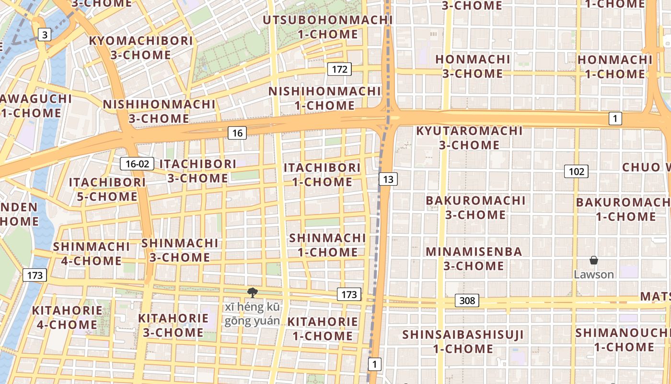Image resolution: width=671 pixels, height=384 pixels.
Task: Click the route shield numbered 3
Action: [45, 35]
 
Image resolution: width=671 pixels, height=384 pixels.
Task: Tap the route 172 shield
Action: [339, 69]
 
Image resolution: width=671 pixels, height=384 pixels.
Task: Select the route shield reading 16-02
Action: [137, 164]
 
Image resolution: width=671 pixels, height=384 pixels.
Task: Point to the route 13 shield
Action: [388, 180]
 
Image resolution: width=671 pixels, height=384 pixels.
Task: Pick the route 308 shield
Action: [467, 300]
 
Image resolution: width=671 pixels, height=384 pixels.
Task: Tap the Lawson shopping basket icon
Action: [594, 261]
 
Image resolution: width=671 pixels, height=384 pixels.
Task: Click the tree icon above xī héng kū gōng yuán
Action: [252, 293]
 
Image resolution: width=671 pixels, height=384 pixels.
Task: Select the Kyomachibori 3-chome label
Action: [141, 48]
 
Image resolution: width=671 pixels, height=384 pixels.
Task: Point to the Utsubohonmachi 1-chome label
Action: [328, 27]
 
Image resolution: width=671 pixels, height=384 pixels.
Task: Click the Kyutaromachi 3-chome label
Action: [469, 138]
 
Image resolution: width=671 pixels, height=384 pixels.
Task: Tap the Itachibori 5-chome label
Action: [107, 190]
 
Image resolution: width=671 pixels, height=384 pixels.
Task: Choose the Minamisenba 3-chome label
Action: [474, 259]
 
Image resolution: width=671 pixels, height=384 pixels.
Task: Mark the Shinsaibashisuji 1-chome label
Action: [463, 341]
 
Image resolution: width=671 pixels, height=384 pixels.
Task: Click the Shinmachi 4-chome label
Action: [91, 254]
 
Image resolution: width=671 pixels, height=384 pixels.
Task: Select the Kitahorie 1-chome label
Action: [322, 329]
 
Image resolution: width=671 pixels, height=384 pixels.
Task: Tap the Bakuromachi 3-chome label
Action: [475, 207]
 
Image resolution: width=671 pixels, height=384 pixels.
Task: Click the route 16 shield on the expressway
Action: [237, 133]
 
